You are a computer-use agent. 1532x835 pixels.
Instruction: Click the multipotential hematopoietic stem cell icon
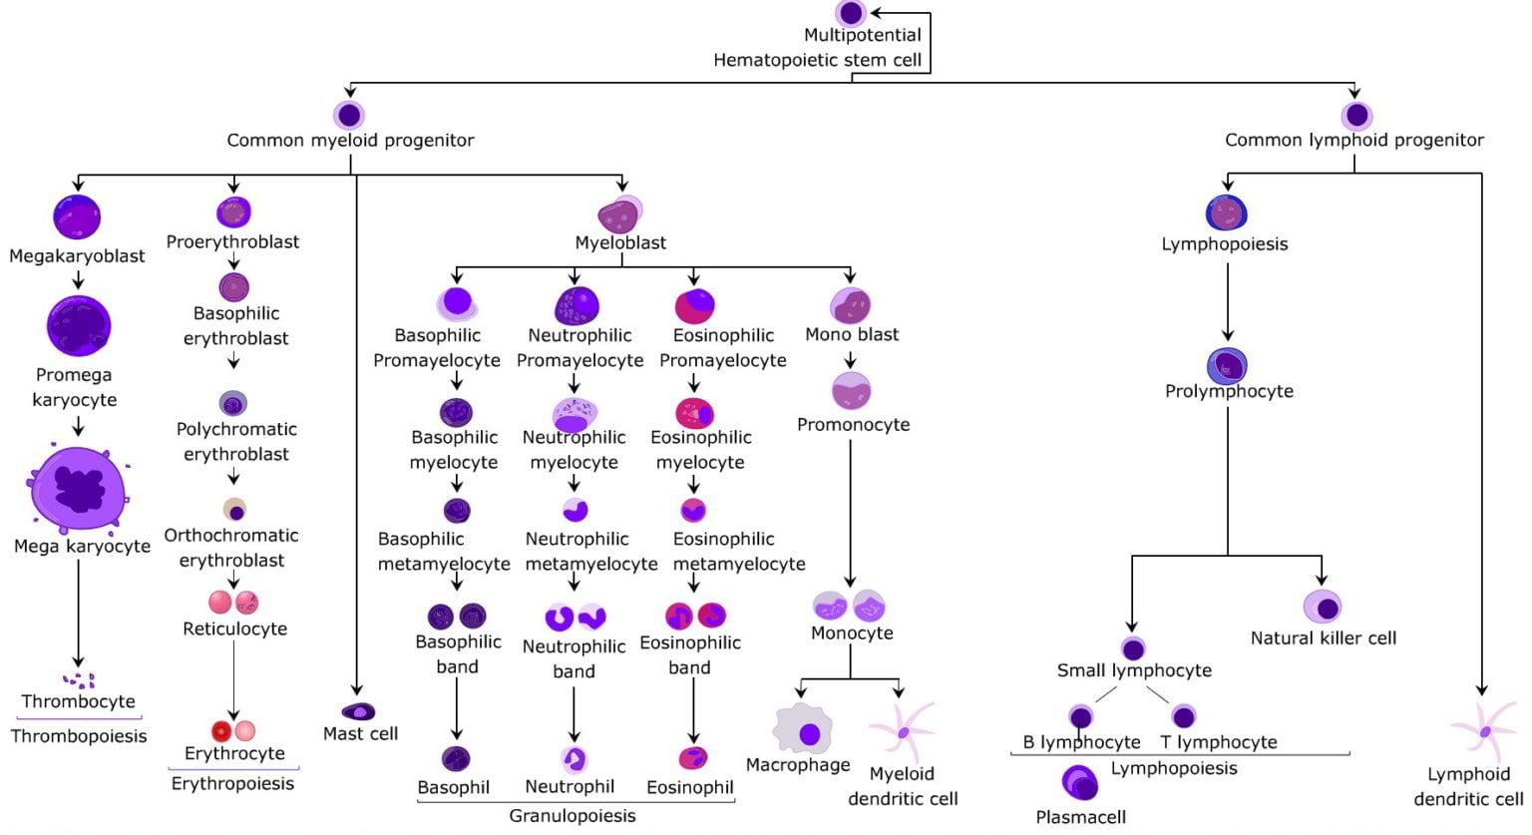click(850, 13)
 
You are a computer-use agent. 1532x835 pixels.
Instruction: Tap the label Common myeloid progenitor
click(350, 141)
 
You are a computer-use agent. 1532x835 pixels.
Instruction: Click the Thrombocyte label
click(79, 701)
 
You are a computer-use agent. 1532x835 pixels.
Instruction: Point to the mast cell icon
click(358, 712)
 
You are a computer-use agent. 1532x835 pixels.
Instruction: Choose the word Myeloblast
click(620, 242)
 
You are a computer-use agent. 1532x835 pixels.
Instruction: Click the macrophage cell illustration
click(804, 730)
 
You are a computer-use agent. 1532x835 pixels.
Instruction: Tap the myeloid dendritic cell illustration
click(903, 732)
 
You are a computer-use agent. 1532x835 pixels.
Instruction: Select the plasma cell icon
click(1079, 783)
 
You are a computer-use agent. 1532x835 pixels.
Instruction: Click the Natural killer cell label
click(1323, 638)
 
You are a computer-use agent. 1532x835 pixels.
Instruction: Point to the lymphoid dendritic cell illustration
click(1484, 731)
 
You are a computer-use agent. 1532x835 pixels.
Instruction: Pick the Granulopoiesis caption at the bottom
click(572, 816)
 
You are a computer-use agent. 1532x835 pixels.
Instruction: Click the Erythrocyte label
click(234, 753)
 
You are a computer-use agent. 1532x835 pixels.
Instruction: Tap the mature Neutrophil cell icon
click(574, 759)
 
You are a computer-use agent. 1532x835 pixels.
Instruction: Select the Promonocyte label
click(853, 425)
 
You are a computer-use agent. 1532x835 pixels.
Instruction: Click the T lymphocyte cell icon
click(1183, 716)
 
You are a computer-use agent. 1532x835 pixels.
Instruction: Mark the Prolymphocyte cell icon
click(1227, 366)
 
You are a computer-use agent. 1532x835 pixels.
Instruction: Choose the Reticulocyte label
click(234, 629)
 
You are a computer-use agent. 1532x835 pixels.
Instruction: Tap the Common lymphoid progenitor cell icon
click(1355, 116)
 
